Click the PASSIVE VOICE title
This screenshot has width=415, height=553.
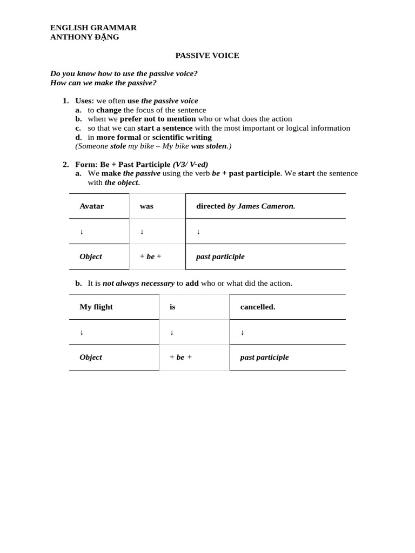[207, 56]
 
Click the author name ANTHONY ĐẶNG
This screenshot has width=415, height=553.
[85, 37]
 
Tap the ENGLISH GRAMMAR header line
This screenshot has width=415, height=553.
[93, 28]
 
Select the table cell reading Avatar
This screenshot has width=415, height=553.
[92, 206]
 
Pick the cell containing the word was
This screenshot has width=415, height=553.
[146, 206]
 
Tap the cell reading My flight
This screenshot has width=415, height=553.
[96, 307]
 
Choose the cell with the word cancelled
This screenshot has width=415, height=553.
[258, 307]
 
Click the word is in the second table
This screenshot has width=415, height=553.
[172, 307]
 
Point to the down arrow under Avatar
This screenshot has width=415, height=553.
[82, 232]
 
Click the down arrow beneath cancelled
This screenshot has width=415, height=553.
[242, 333]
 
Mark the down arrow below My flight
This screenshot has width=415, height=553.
[82, 333]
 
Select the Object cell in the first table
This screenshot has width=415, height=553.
[91, 257]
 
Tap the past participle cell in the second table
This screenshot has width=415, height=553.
[264, 358]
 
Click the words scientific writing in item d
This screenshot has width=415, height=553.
[182, 137]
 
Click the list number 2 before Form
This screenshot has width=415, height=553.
[65, 164]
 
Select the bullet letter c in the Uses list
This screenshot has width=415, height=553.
[78, 128]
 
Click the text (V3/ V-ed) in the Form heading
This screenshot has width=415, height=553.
[190, 164]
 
